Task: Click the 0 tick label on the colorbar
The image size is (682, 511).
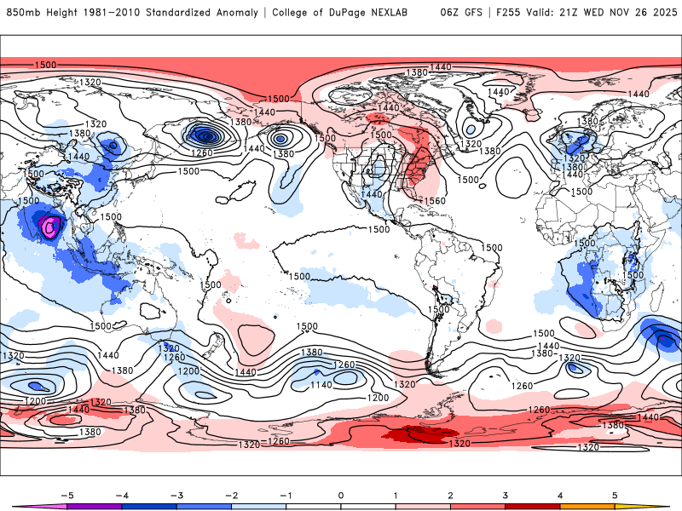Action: point(340,494)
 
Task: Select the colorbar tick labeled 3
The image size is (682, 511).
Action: point(505,494)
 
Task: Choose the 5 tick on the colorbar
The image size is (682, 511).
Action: point(614,494)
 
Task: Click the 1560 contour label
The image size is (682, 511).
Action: point(434,201)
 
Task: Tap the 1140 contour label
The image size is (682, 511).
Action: point(321,385)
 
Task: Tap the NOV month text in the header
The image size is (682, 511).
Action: point(621,13)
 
